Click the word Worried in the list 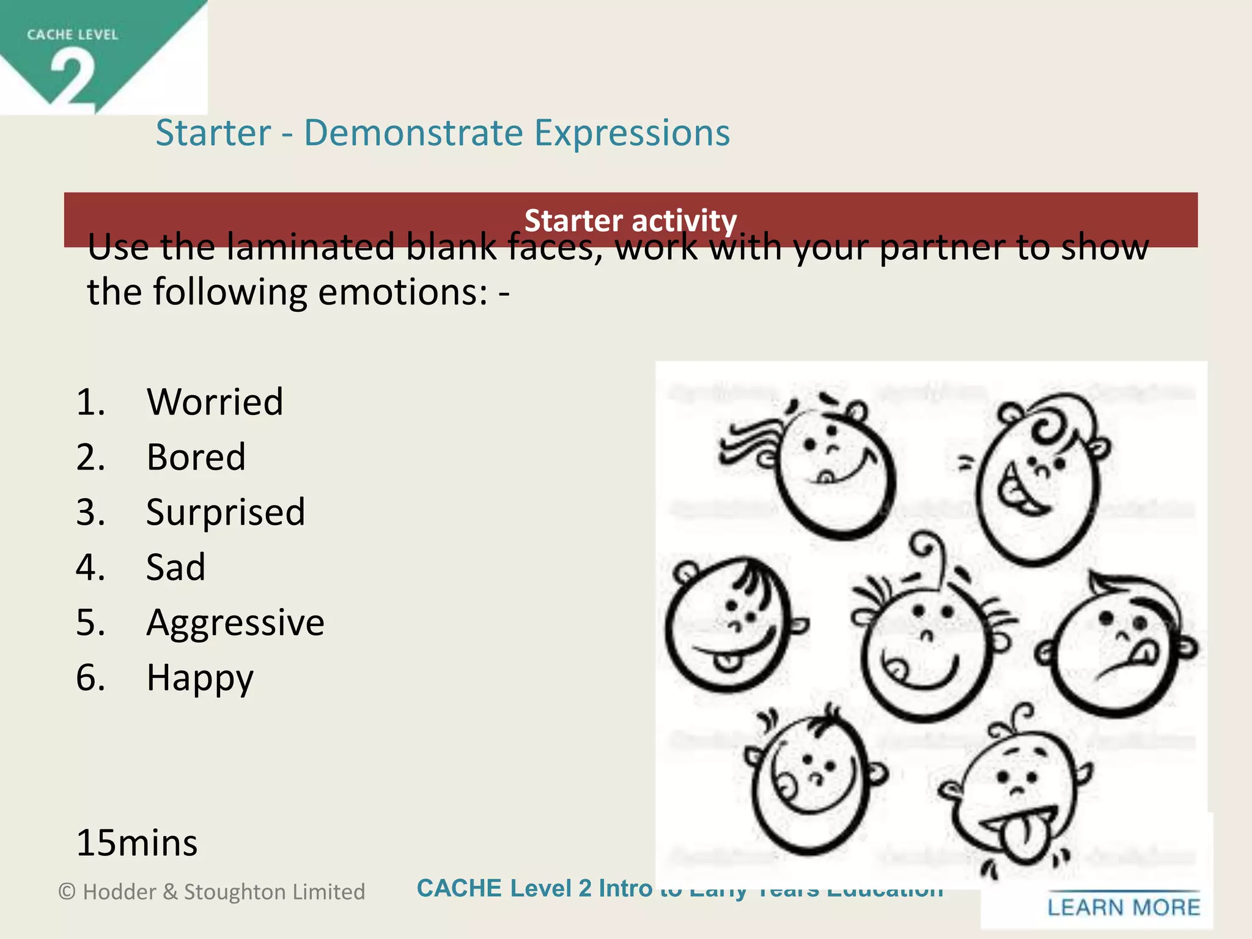tap(215, 402)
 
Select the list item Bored tap(196, 457)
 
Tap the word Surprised tap(225, 512)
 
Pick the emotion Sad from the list tap(175, 567)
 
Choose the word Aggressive tap(235, 622)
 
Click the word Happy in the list tap(200, 677)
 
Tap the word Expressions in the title tap(632, 133)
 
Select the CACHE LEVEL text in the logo tap(72, 35)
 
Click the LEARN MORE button tap(1124, 907)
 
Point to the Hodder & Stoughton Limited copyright tap(212, 891)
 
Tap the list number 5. tap(90, 622)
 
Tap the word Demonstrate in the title tap(413, 133)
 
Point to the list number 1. tap(90, 402)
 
